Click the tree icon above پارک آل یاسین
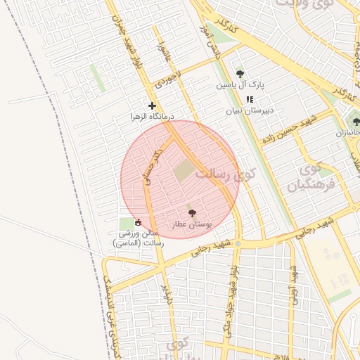[240, 74]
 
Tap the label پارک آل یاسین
[240, 84]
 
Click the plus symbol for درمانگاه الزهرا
[151, 105]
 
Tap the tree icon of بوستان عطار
[192, 212]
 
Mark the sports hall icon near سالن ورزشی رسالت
[137, 224]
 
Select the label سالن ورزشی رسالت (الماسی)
[138, 238]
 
